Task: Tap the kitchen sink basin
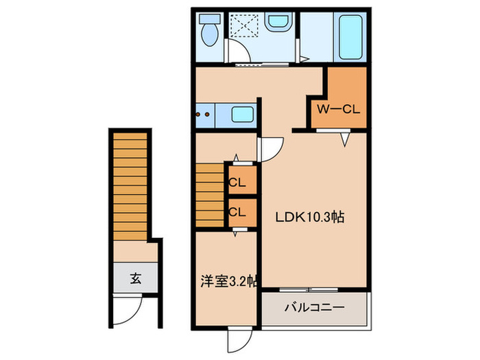[x=241, y=115]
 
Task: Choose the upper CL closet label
[x=237, y=183]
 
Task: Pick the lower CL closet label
[x=237, y=212]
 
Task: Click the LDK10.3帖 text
[x=310, y=218]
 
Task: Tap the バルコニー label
[x=314, y=308]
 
